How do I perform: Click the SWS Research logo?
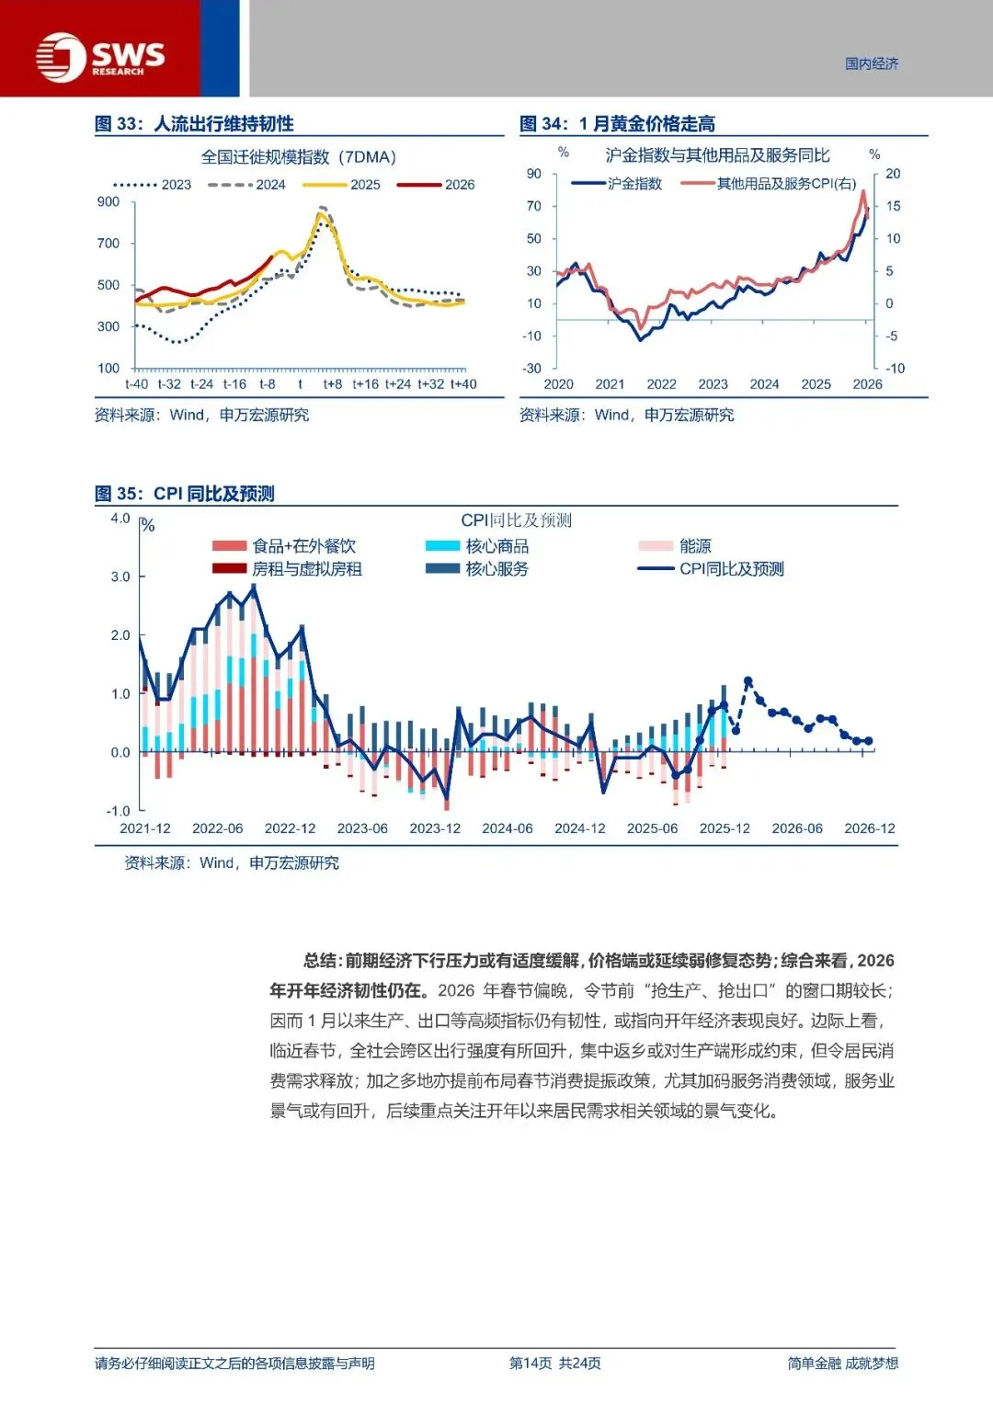(x=100, y=57)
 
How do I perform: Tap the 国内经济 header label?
(x=872, y=63)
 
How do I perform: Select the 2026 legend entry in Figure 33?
(x=436, y=185)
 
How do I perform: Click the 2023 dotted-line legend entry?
(x=153, y=185)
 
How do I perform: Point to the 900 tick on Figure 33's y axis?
(x=108, y=202)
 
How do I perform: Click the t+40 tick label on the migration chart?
(x=463, y=384)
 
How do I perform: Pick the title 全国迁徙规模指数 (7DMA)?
(x=299, y=157)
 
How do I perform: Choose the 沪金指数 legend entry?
(x=616, y=184)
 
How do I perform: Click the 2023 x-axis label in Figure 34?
(x=713, y=384)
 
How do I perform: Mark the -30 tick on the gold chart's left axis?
(x=532, y=368)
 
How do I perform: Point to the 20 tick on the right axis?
(x=893, y=174)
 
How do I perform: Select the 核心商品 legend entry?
(x=478, y=546)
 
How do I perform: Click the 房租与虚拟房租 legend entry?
(x=287, y=569)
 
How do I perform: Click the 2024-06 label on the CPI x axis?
(x=508, y=828)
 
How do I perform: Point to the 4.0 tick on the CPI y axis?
(x=120, y=519)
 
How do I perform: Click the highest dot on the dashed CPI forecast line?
(x=748, y=681)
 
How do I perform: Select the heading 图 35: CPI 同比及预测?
(x=185, y=494)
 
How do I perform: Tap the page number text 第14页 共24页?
(x=555, y=1364)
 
